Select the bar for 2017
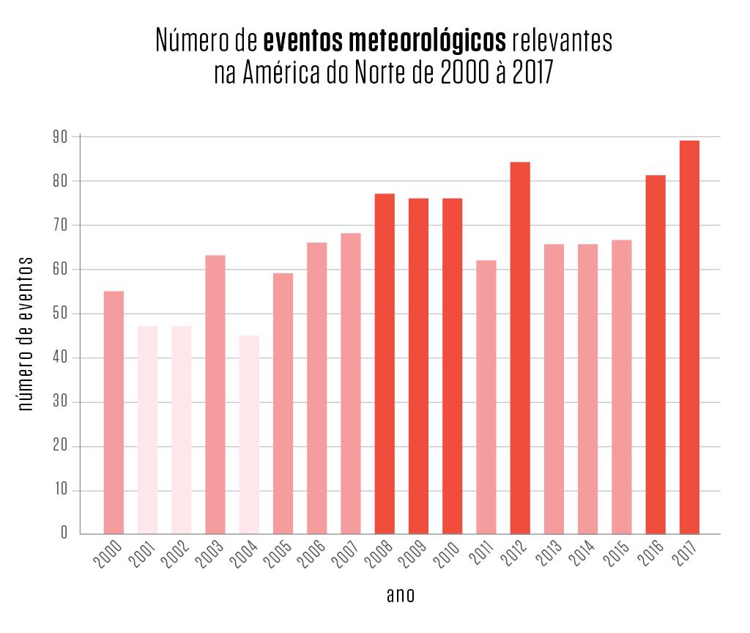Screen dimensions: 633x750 click(689, 337)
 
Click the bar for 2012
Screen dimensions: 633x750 click(520, 348)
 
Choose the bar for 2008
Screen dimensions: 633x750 click(385, 363)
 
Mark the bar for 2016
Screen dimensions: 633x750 click(656, 355)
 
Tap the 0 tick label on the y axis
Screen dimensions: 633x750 click(64, 534)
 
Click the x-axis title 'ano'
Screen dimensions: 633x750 click(401, 595)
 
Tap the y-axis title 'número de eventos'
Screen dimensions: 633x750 click(26, 333)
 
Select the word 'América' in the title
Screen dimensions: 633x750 click(283, 74)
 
